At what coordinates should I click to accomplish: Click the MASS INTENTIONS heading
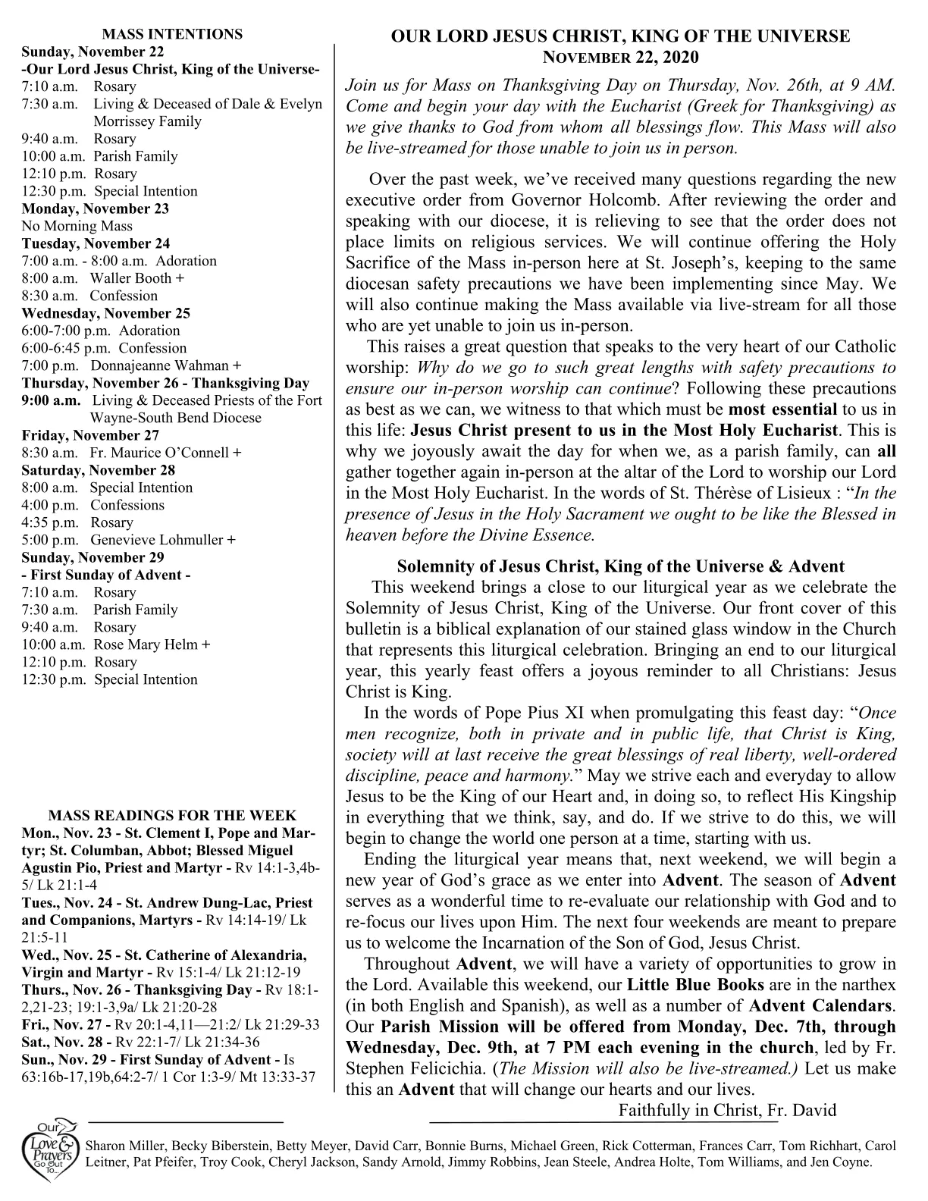click(x=172, y=34)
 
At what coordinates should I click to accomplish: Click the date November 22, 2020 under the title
click(x=619, y=58)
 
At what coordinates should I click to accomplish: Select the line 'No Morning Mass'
click(x=77, y=226)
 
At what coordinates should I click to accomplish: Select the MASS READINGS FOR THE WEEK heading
click(x=172, y=816)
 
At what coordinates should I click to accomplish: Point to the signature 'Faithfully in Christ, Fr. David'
click(x=727, y=1111)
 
